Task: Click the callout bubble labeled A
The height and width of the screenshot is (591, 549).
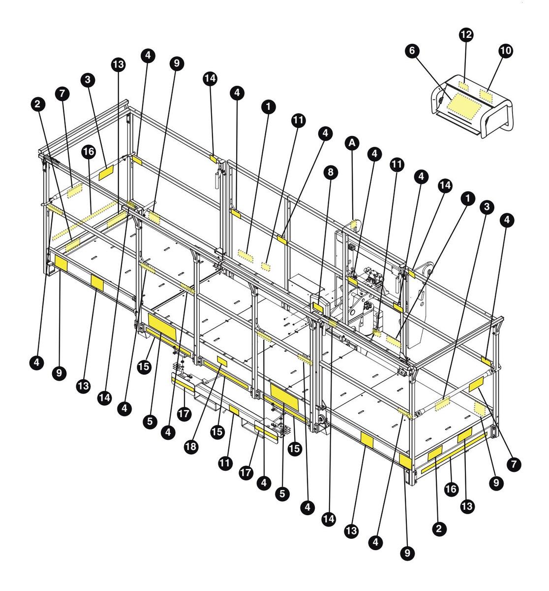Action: point(352,143)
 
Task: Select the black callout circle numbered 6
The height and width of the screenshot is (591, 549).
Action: point(412,50)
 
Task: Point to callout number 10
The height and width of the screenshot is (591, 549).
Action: point(505,51)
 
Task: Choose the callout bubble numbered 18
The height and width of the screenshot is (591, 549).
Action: point(191,446)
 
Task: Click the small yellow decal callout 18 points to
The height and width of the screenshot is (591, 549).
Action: point(222,361)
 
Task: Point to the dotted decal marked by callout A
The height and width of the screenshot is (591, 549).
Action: point(354,223)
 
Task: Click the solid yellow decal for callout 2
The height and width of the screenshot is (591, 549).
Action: point(435,453)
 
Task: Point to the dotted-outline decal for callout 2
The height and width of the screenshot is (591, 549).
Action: point(72,245)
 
